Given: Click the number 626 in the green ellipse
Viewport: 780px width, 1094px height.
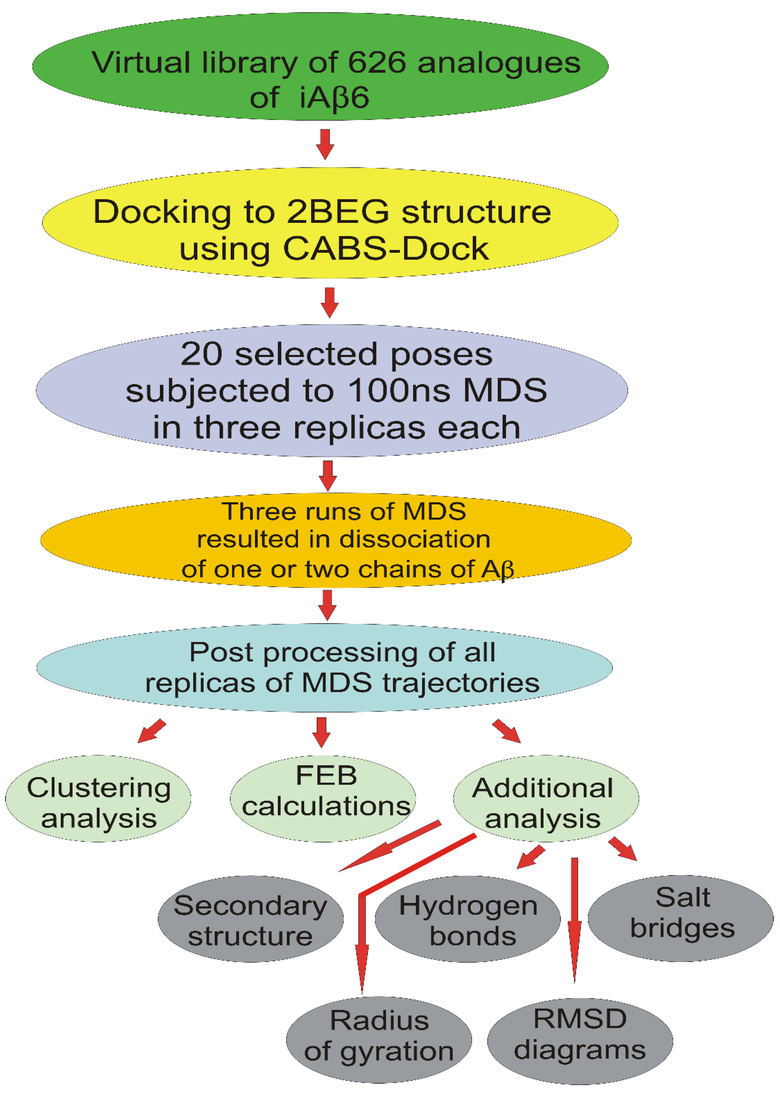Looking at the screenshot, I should click(x=377, y=63).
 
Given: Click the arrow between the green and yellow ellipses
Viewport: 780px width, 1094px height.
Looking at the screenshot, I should click(x=325, y=144).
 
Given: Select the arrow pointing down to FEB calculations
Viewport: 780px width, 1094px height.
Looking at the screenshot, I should click(x=321, y=731).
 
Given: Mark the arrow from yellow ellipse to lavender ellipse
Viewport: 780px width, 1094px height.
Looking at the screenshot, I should click(x=329, y=302).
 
